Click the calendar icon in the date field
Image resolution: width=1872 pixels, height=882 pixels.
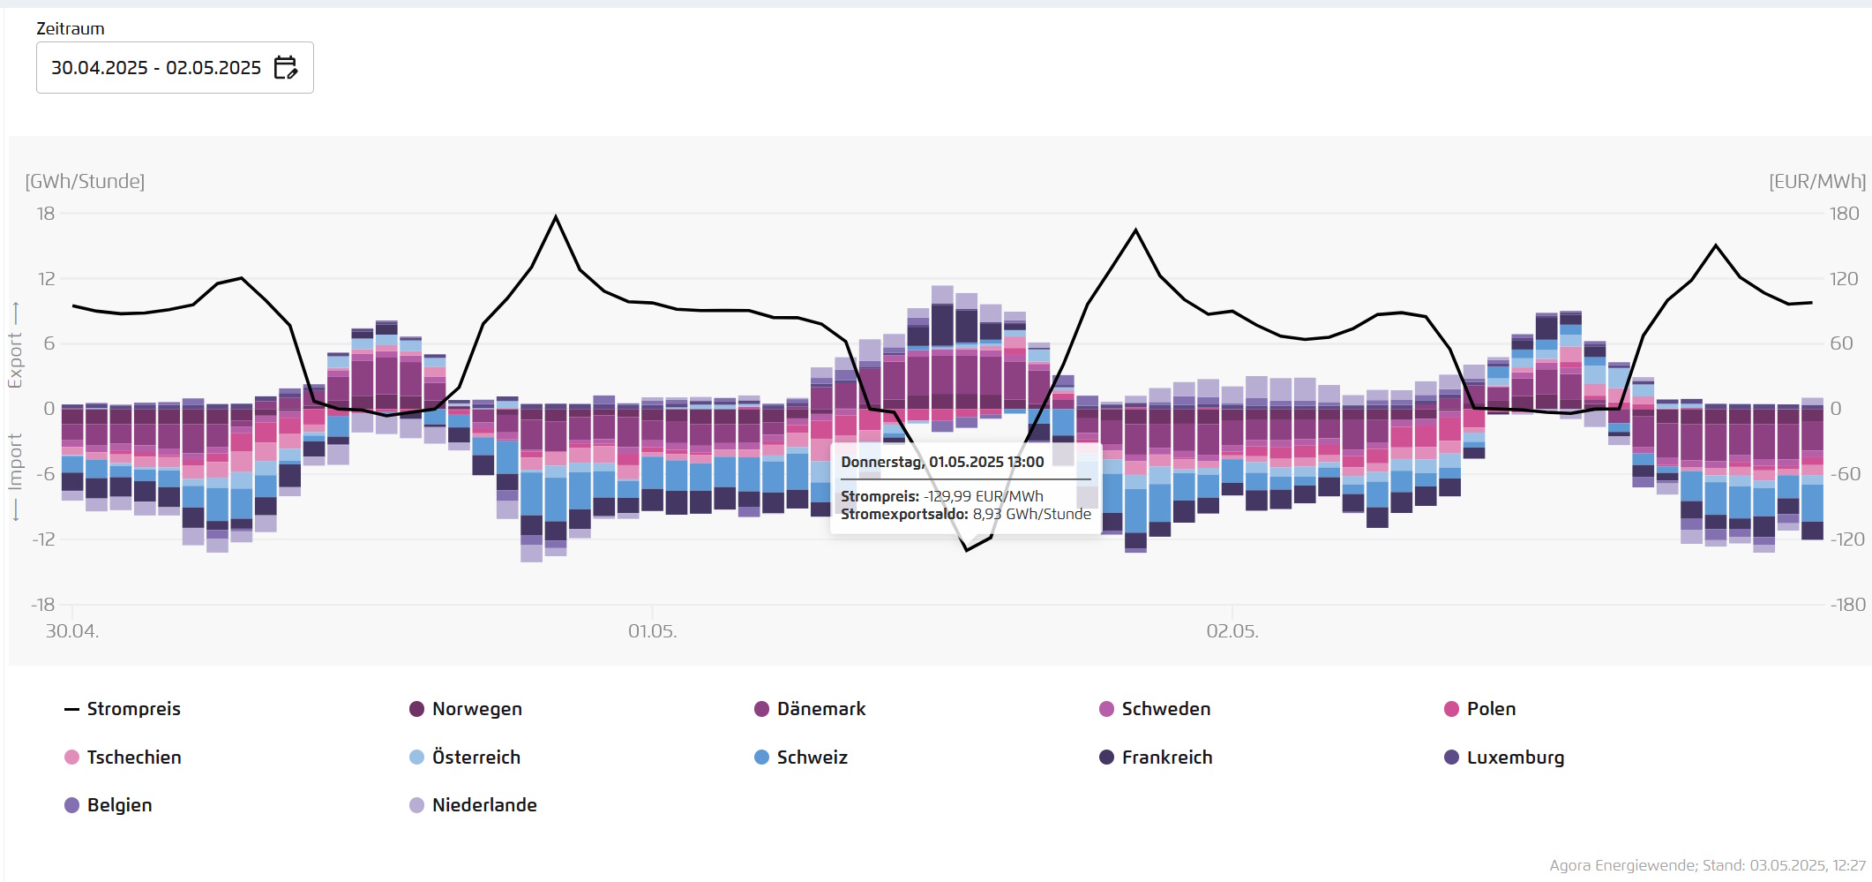click(286, 68)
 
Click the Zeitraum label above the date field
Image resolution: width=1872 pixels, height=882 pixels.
click(71, 28)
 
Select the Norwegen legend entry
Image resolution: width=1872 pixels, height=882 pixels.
click(466, 709)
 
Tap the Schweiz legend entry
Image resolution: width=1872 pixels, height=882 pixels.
click(801, 758)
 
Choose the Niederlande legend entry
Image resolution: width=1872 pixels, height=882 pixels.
click(473, 805)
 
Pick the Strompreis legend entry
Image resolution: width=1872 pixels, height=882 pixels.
click(123, 709)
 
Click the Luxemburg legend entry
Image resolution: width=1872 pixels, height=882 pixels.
click(1504, 758)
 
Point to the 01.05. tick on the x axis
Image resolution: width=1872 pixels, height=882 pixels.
click(652, 631)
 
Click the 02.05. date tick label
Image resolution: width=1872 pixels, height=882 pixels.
click(1232, 631)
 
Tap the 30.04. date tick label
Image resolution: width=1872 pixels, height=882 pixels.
click(72, 631)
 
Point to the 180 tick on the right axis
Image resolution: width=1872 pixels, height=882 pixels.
click(1844, 214)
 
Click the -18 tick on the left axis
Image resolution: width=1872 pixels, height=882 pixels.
click(43, 605)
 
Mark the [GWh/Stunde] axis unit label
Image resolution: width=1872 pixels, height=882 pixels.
click(85, 181)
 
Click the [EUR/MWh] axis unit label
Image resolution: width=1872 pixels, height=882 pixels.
click(1817, 181)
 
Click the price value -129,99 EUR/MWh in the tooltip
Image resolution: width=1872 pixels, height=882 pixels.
click(983, 496)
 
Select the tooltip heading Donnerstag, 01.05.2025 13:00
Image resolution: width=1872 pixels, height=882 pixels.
click(942, 462)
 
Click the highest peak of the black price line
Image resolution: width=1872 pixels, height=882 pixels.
click(556, 216)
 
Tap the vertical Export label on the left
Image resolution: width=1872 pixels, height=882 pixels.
click(15, 359)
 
